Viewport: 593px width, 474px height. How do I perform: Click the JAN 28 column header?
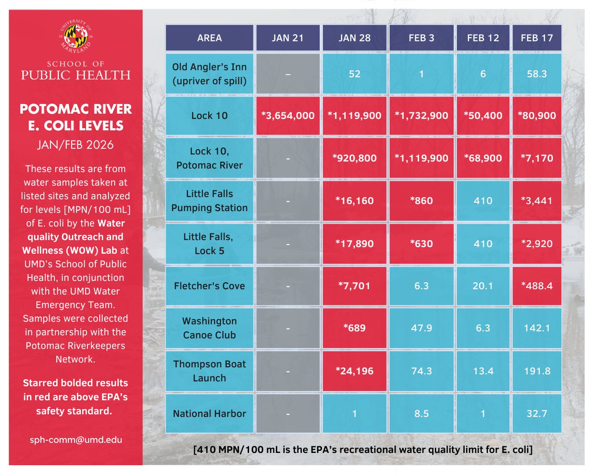tap(354, 38)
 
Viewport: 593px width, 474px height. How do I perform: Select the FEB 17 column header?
tap(537, 38)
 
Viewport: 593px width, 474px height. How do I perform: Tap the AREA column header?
tap(210, 38)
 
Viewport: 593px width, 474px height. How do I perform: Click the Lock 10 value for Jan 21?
tap(288, 116)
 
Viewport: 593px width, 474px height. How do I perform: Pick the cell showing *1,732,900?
tap(421, 116)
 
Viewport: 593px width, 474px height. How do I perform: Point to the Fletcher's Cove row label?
tap(210, 286)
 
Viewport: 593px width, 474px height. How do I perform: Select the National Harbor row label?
tap(210, 413)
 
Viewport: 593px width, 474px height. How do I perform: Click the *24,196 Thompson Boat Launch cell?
tap(354, 371)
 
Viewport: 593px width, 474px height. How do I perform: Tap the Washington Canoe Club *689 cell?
tap(354, 328)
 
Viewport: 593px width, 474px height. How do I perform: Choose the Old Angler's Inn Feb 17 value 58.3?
tap(537, 74)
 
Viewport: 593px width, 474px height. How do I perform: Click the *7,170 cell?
tap(537, 158)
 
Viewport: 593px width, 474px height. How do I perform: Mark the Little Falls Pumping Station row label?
tap(210, 201)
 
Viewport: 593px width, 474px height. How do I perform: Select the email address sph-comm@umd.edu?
tap(76, 440)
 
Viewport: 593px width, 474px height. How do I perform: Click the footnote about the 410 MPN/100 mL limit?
tap(363, 449)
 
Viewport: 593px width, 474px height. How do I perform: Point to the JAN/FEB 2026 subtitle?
tap(76, 145)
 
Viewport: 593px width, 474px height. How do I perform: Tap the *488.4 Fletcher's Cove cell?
tap(537, 286)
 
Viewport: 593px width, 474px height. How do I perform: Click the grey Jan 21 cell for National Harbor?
tap(288, 413)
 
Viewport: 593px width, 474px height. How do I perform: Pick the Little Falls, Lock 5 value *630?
tap(421, 244)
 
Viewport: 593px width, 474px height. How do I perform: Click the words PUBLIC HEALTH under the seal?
tap(76, 75)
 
